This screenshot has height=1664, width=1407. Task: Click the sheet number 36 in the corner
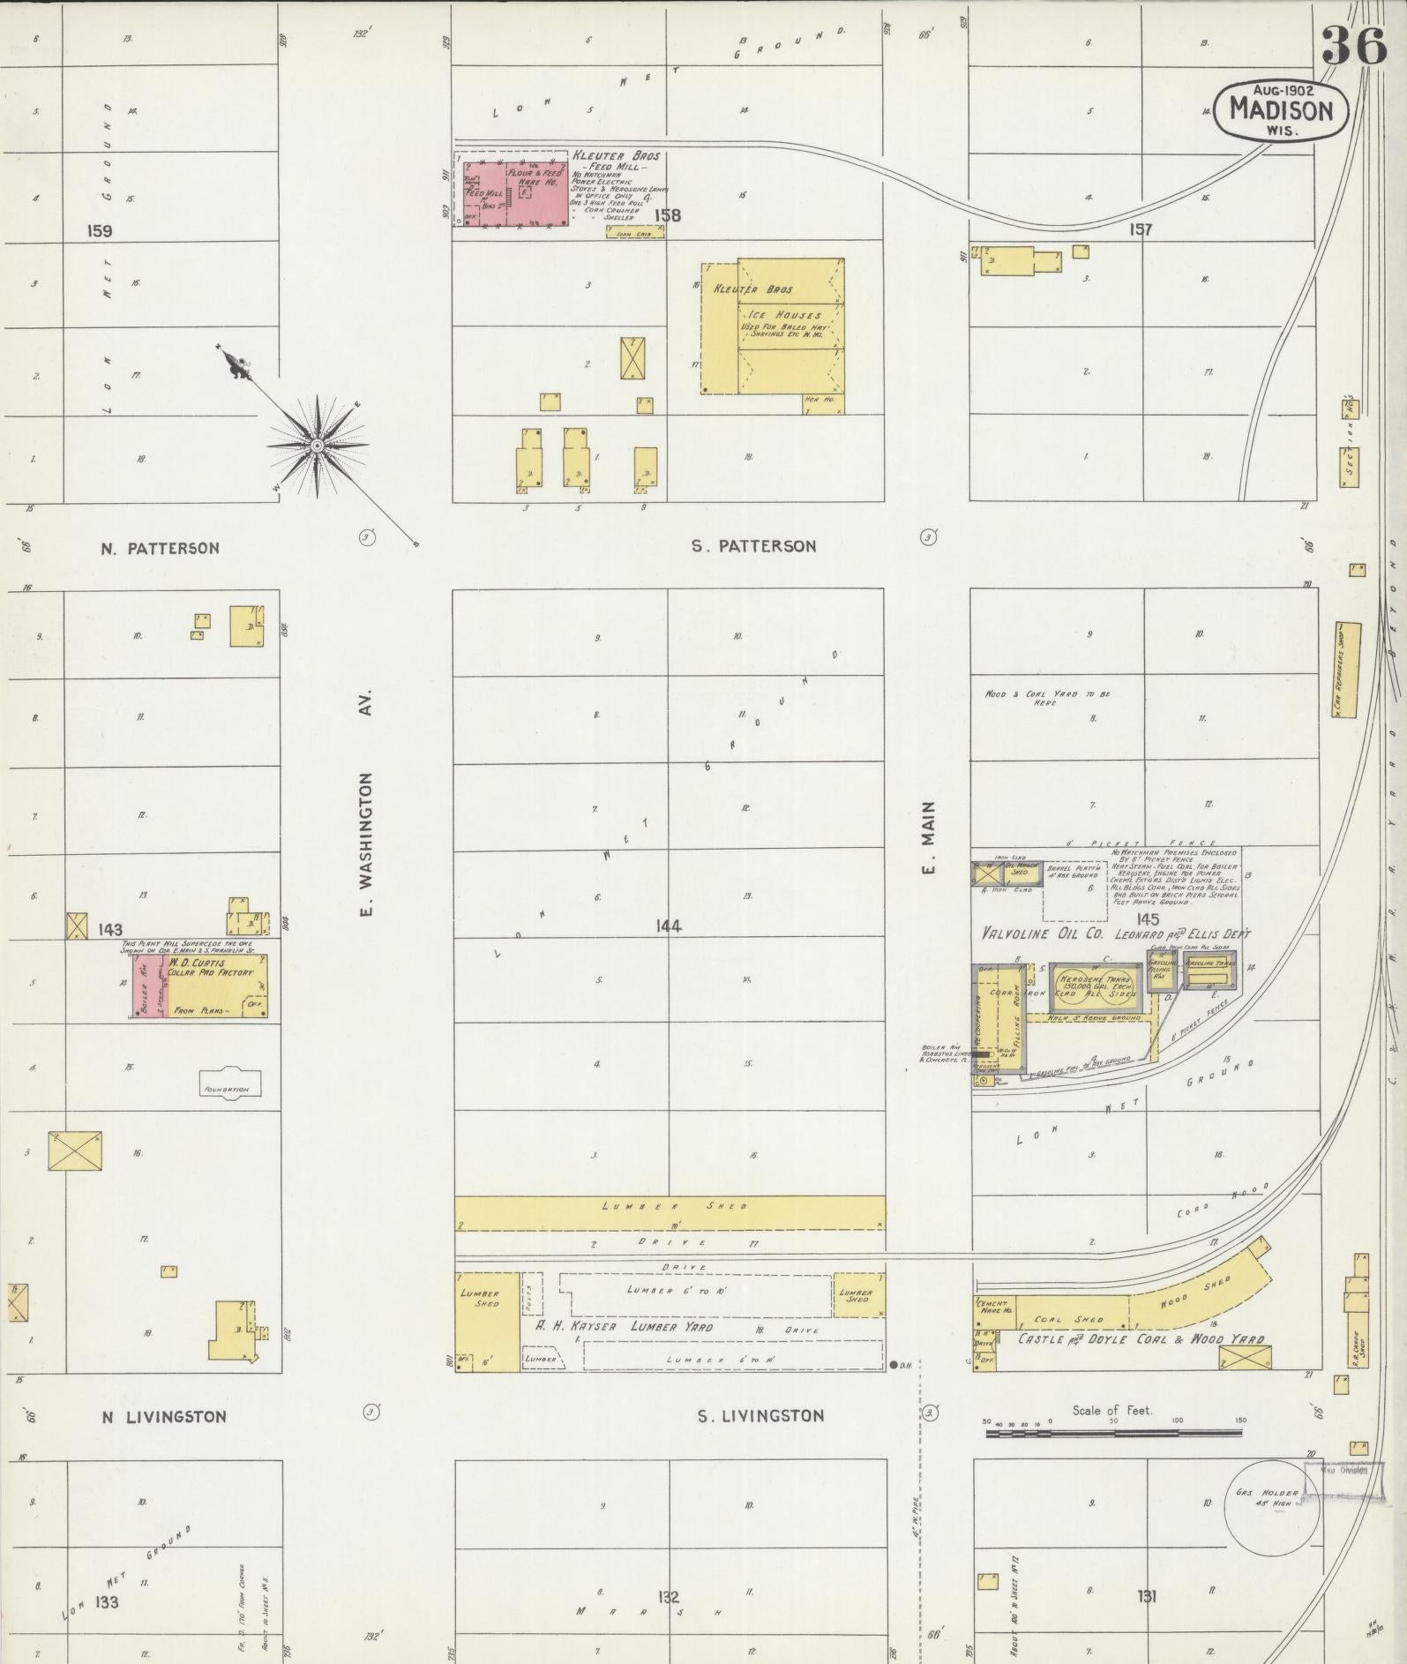(1353, 45)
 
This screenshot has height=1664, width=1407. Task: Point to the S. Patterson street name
(753, 546)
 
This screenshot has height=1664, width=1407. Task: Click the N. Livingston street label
(164, 1417)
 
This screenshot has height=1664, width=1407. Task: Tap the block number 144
(668, 926)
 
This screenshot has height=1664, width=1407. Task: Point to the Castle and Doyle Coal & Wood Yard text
(1141, 1338)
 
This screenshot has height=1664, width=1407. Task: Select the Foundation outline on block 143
(228, 1087)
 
